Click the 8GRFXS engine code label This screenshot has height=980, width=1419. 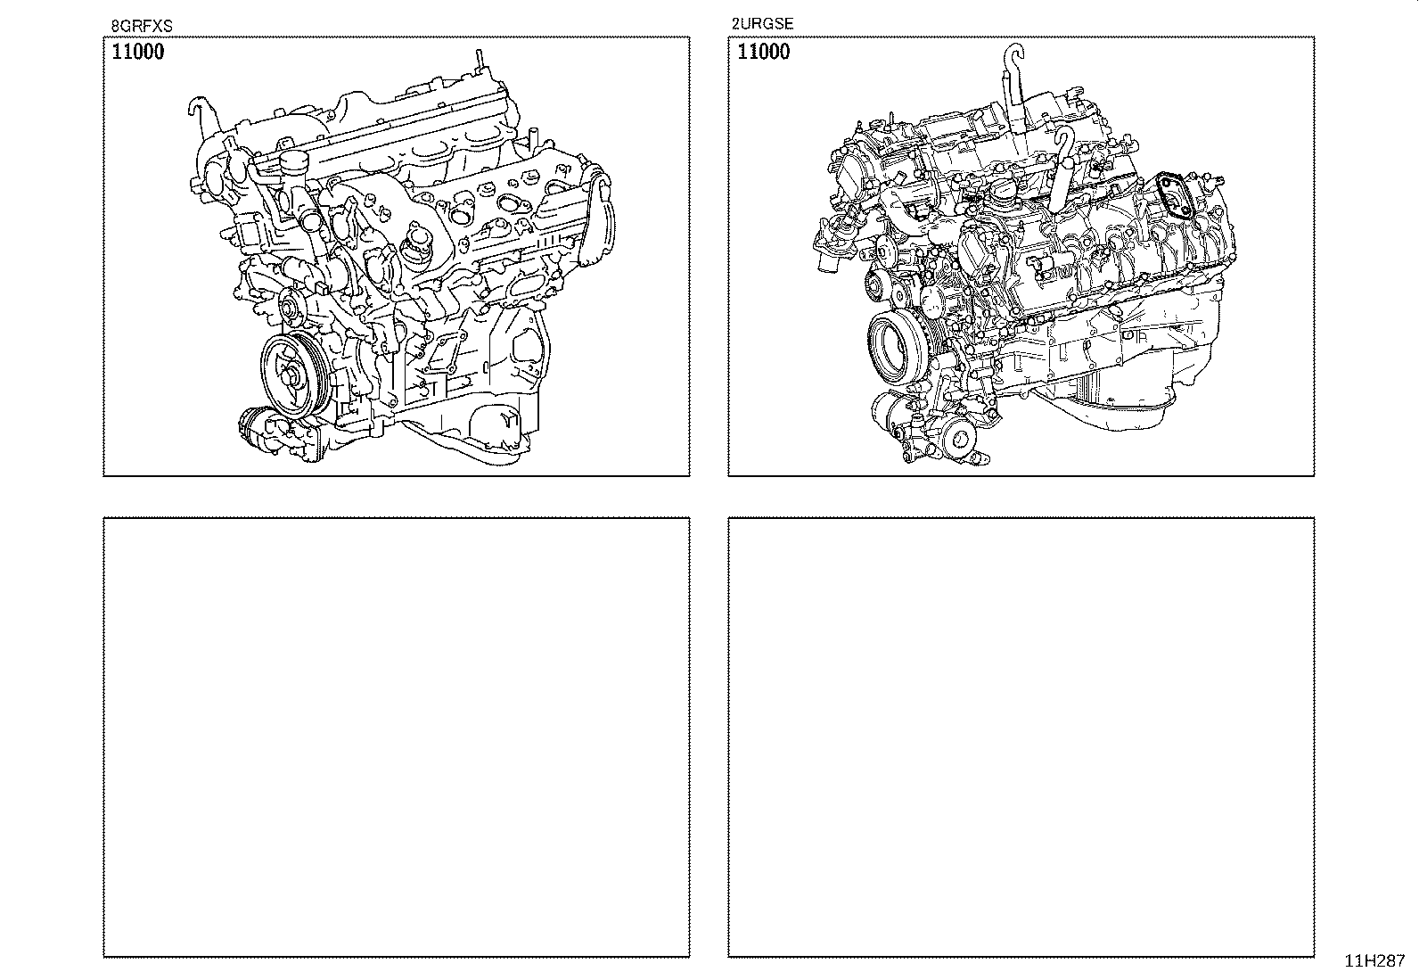point(141,26)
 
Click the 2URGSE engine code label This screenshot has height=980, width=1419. point(762,24)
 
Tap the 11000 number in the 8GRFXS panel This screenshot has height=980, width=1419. point(137,52)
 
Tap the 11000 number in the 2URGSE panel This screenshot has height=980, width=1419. point(763,52)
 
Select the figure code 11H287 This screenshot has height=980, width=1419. point(1374,961)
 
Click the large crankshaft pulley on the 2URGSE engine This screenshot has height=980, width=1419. point(895,350)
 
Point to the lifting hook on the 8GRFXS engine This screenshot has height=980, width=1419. point(201,115)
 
